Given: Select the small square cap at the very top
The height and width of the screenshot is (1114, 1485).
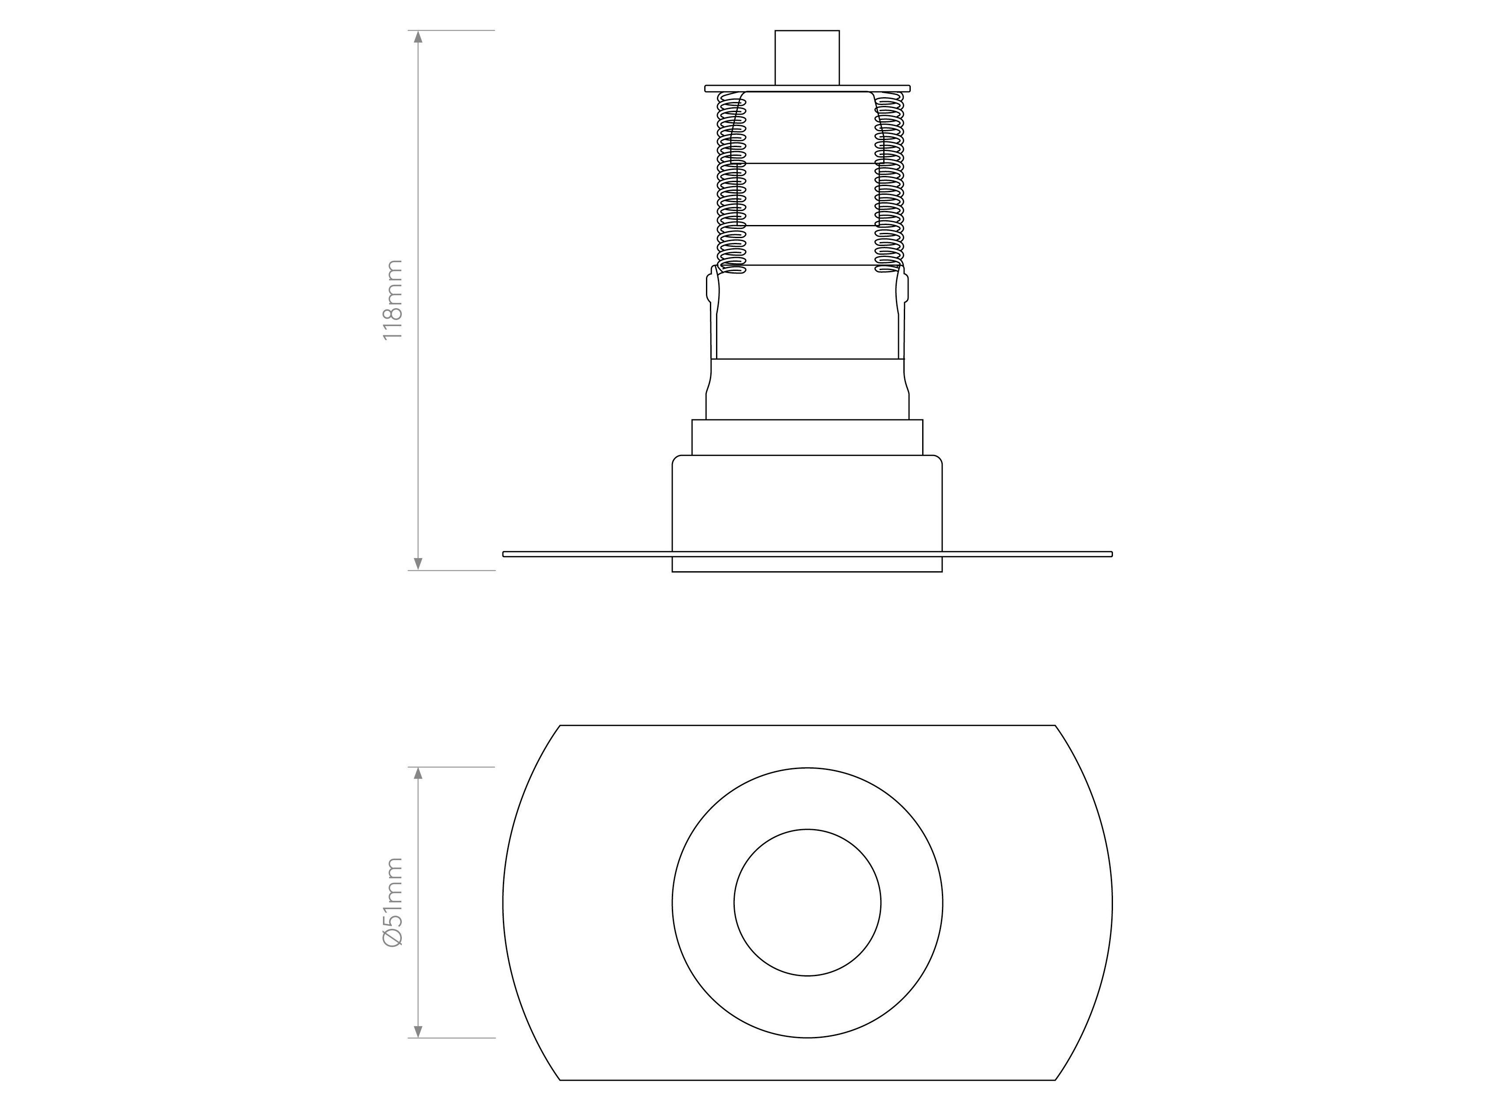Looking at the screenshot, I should pos(807,58).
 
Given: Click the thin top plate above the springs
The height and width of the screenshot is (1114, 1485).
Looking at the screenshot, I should pos(807,88).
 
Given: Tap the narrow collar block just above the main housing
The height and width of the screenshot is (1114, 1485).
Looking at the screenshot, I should pos(807,437).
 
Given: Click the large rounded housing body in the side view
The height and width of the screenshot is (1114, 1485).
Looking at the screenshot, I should pos(807,504).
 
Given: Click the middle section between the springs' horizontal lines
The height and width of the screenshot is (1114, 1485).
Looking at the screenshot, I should pos(807,195).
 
